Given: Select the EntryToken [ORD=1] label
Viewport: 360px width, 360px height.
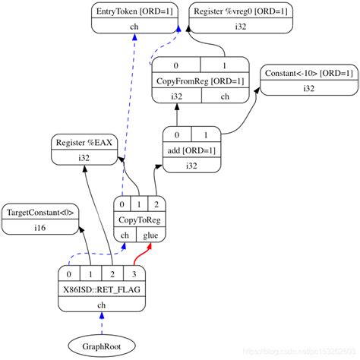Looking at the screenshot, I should pos(134,12).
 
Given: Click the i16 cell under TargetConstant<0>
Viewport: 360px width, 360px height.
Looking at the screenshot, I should pos(39,227).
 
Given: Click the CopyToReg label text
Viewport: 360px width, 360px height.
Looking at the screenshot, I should pos(139,219).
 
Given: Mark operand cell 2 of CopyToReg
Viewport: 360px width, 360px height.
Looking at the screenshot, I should pos(156,204).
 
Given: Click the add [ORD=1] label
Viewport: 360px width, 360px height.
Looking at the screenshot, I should pos(191,150).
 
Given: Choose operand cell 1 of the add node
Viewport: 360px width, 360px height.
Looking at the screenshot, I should pos(207,134).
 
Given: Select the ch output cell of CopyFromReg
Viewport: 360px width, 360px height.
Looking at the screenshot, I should pos(225,96).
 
